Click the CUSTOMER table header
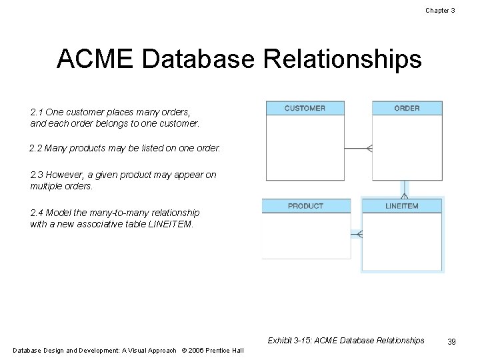click(305, 108)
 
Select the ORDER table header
click(407, 108)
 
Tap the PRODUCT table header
click(305, 206)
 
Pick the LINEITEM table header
click(402, 206)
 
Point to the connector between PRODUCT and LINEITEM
click(356, 234)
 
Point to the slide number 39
click(451, 341)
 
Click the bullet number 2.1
click(37, 112)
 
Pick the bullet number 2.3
click(37, 175)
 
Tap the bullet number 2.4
click(37, 213)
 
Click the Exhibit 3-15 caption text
click(345, 341)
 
